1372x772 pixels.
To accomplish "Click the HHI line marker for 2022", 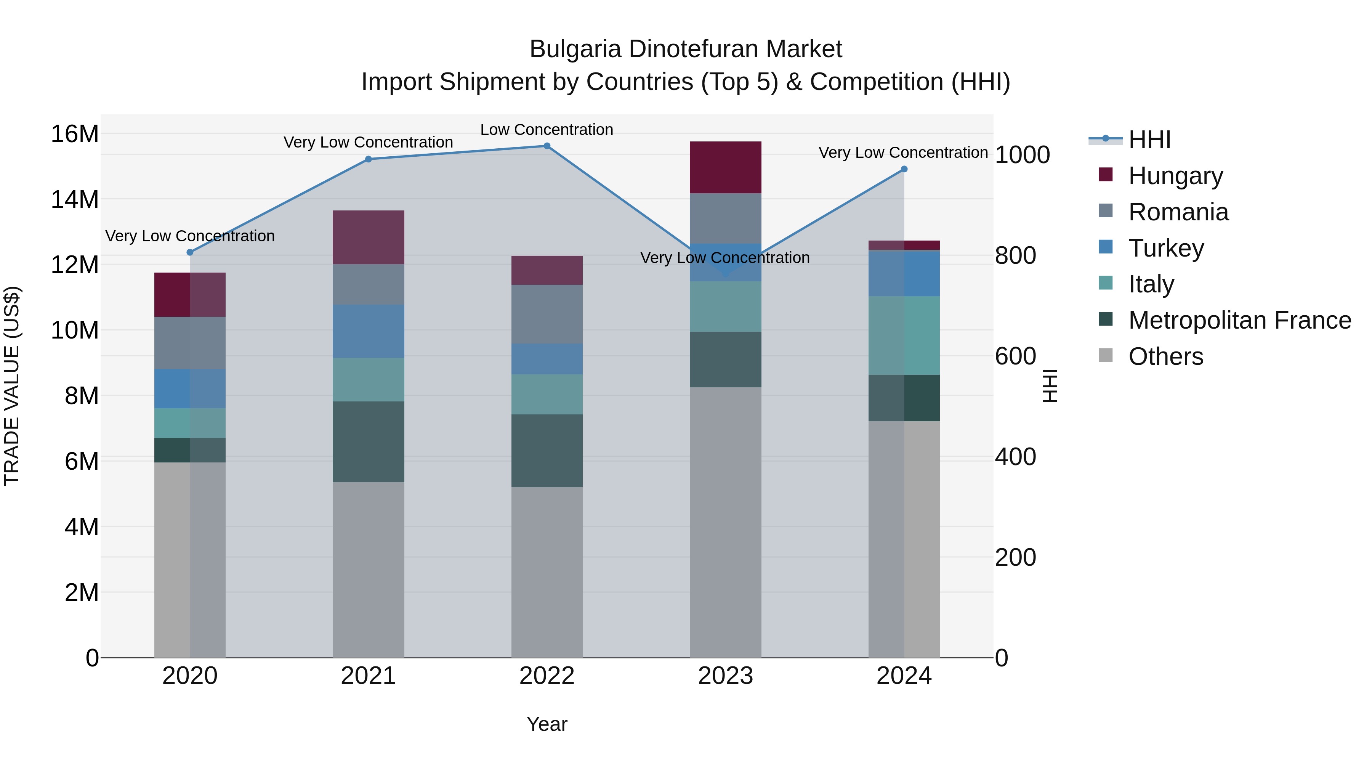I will coord(547,146).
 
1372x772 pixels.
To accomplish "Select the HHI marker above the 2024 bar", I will coord(904,169).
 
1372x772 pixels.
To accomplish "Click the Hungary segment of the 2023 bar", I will coord(725,167).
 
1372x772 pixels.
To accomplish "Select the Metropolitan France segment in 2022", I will coord(547,450).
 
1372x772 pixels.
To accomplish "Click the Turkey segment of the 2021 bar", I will coord(368,331).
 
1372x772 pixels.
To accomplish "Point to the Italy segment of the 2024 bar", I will coord(904,335).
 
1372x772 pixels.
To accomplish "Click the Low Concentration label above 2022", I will coord(547,130).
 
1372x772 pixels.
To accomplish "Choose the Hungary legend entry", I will coord(1175,176).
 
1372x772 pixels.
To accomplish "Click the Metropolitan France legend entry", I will coord(1239,320).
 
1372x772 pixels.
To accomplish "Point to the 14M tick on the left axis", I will coord(75,199).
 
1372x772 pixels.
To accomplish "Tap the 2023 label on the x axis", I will coord(725,676).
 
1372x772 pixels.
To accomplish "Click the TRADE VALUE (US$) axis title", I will coord(12,386).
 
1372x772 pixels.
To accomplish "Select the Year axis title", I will coord(547,724).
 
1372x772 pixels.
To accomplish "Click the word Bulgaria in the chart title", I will coord(575,49).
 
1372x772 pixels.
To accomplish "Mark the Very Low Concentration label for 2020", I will coord(190,236).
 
